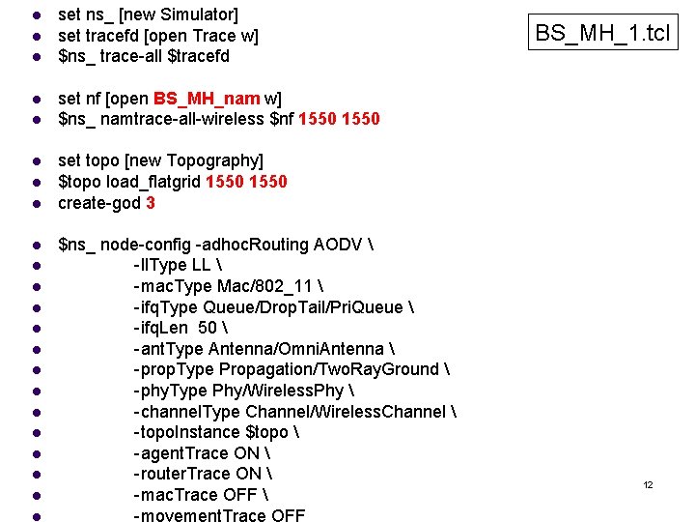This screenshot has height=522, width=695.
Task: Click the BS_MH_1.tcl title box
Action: [x=602, y=34]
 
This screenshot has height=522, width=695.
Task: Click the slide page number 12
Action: [x=649, y=484]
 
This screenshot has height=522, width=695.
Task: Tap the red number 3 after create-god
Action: [x=150, y=203]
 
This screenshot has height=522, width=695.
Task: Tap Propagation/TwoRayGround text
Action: [x=329, y=370]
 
